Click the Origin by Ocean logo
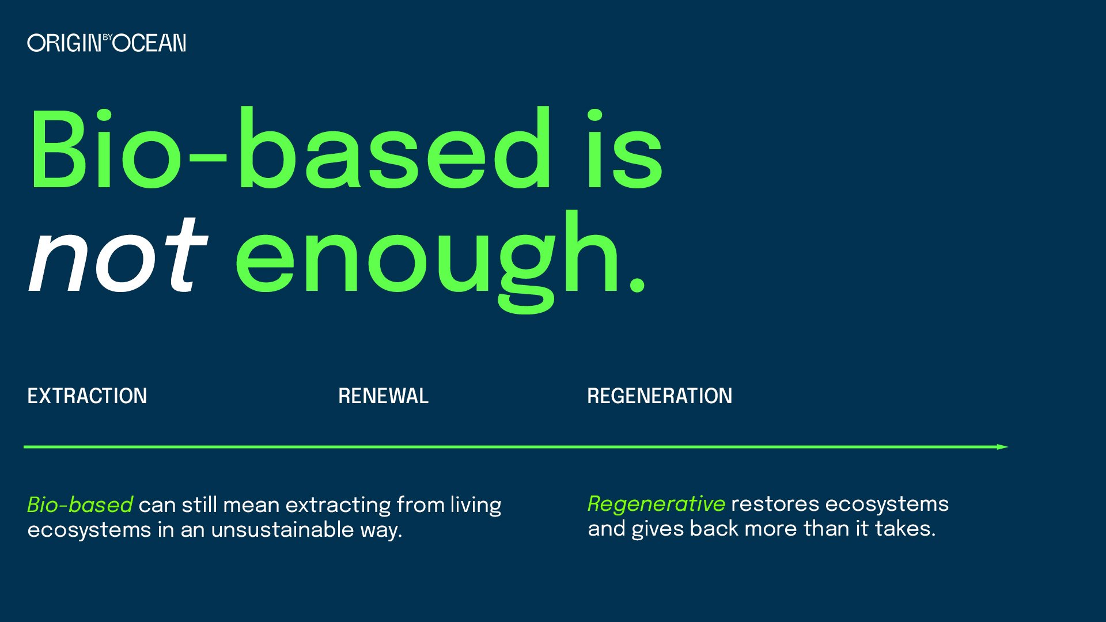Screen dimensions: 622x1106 [x=107, y=43]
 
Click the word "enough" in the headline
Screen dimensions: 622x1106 [x=426, y=259]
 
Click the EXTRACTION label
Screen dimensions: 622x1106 [x=88, y=396]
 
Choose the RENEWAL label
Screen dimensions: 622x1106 [x=383, y=396]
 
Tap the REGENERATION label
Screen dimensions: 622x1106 [x=660, y=396]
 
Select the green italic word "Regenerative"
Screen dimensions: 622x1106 [x=656, y=504]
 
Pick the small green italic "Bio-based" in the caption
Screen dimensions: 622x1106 [x=80, y=505]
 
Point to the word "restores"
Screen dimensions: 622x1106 [x=775, y=504]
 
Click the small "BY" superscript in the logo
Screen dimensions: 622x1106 [x=108, y=37]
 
